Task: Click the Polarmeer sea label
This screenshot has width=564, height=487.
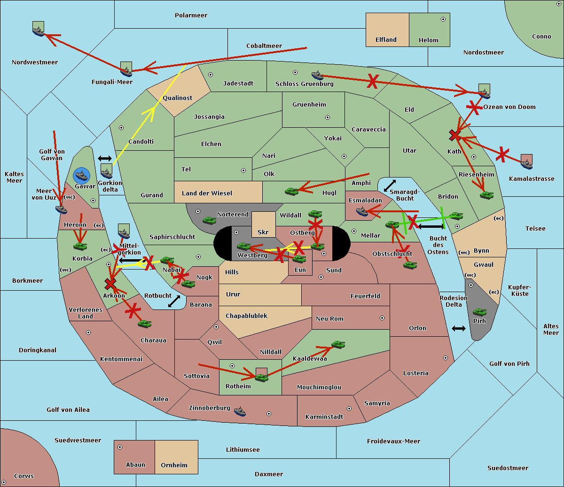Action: pyautogui.click(x=191, y=15)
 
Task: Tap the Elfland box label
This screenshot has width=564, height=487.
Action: pyautogui.click(x=386, y=40)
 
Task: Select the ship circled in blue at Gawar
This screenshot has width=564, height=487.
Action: pyautogui.click(x=82, y=176)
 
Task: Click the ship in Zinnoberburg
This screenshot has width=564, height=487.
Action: pyautogui.click(x=240, y=411)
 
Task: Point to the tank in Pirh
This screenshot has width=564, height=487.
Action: pyautogui.click(x=479, y=312)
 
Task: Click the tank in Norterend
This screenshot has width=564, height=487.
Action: pyautogui.click(x=209, y=220)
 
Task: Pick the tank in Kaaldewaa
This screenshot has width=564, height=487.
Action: pyautogui.click(x=338, y=345)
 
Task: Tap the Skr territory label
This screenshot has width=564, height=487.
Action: pyautogui.click(x=263, y=232)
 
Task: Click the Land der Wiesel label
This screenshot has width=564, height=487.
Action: pyautogui.click(x=207, y=193)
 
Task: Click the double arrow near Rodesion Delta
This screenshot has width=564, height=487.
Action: pyautogui.click(x=459, y=328)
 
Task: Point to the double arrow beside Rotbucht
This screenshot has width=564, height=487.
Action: pyautogui.click(x=174, y=301)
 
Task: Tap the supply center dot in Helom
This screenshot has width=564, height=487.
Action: pyautogui.click(x=443, y=19)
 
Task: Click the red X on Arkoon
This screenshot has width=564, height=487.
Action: pyautogui.click(x=110, y=283)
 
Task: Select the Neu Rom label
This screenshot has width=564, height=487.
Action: pyautogui.click(x=329, y=318)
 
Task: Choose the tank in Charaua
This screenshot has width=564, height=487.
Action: pyautogui.click(x=144, y=324)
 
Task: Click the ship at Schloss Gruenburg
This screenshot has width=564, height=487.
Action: pyautogui.click(x=318, y=75)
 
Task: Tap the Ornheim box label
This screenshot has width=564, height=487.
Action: pyautogui.click(x=174, y=465)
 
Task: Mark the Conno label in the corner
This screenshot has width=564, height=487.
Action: pyautogui.click(x=541, y=36)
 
